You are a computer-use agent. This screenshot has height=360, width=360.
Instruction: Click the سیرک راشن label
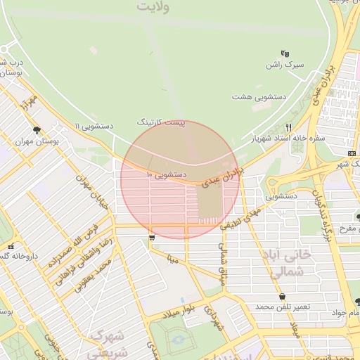(x=284, y=65)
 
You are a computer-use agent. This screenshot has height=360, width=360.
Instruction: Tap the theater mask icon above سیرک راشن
(x=285, y=53)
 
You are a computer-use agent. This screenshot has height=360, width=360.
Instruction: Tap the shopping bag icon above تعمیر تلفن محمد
(x=283, y=297)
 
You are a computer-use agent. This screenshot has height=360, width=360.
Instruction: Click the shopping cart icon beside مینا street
(x=152, y=239)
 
